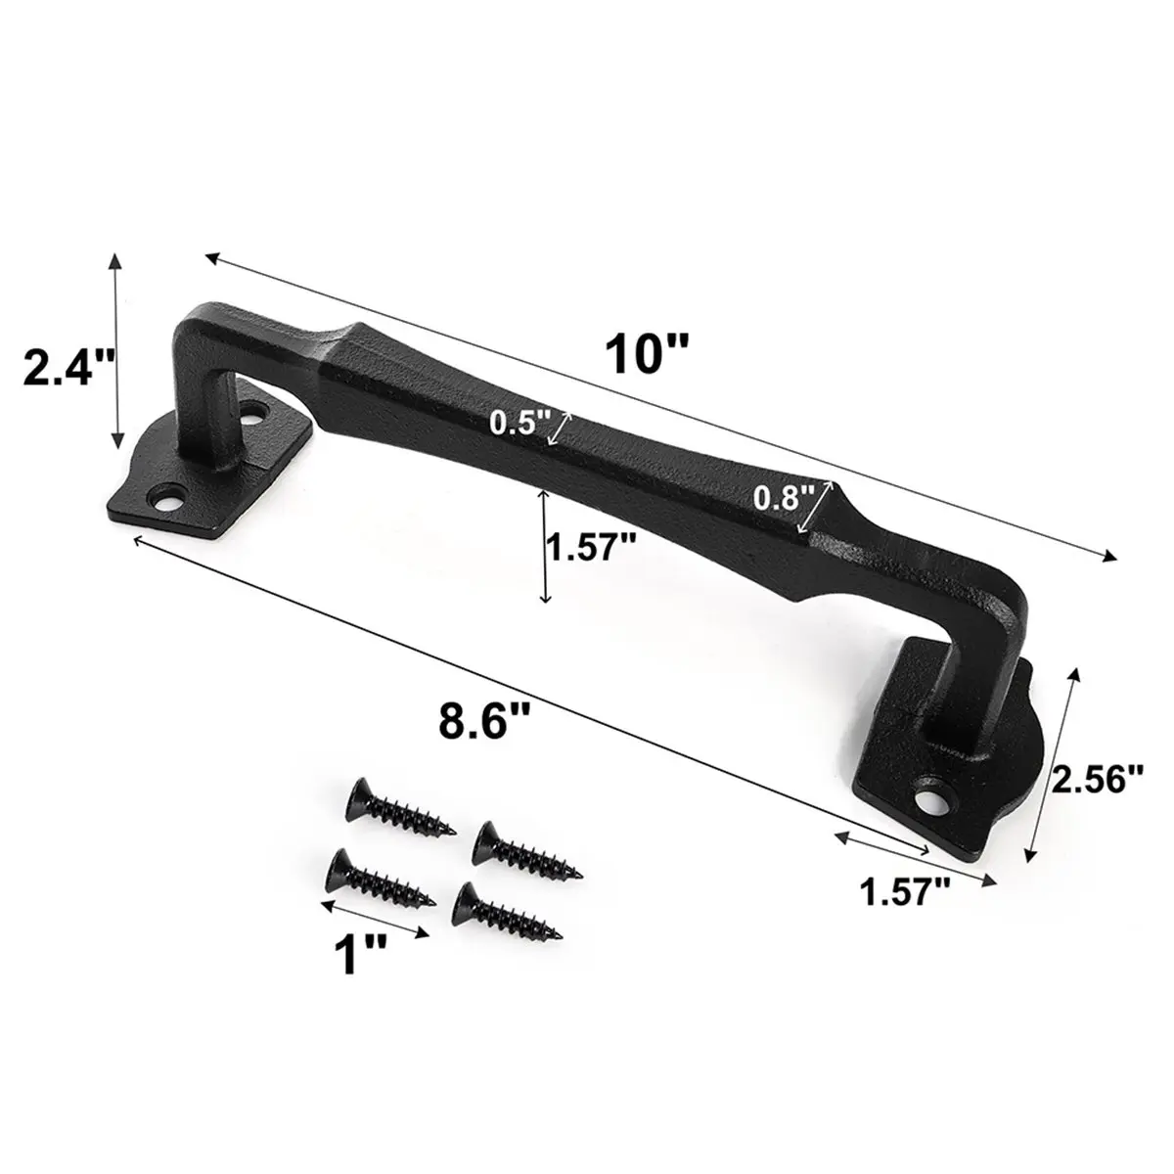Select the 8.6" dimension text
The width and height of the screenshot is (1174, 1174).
483,721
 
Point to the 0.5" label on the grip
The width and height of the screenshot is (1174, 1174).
520,423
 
